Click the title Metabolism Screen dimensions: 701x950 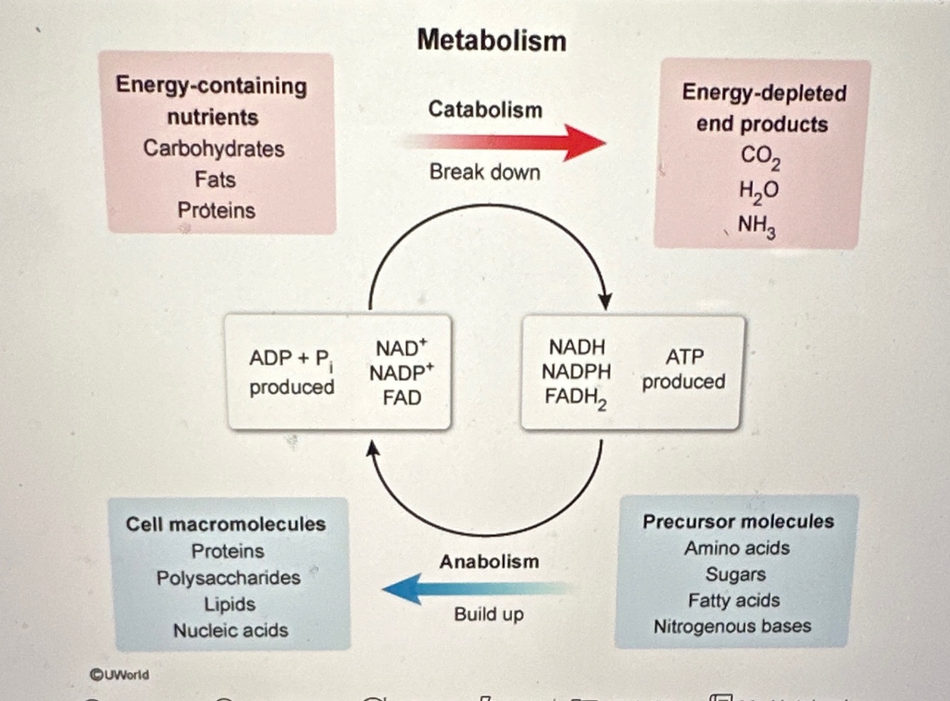click(x=491, y=41)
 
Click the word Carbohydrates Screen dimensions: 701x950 click(x=214, y=148)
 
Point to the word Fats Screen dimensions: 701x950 click(x=215, y=180)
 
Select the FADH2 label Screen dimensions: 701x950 click(x=575, y=398)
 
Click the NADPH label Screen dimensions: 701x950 click(x=576, y=371)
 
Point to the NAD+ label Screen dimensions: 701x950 click(x=402, y=348)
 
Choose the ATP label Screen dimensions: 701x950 click(x=684, y=356)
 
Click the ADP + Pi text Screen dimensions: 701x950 click(x=291, y=358)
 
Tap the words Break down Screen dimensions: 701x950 click(x=485, y=172)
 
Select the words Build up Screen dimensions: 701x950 click(x=489, y=613)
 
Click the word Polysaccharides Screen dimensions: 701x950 click(x=229, y=578)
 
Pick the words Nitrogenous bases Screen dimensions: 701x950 click(x=732, y=626)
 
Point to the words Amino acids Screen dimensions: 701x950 click(x=737, y=548)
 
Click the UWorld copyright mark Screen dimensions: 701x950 click(x=120, y=674)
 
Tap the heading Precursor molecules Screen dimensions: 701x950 click(x=738, y=521)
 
